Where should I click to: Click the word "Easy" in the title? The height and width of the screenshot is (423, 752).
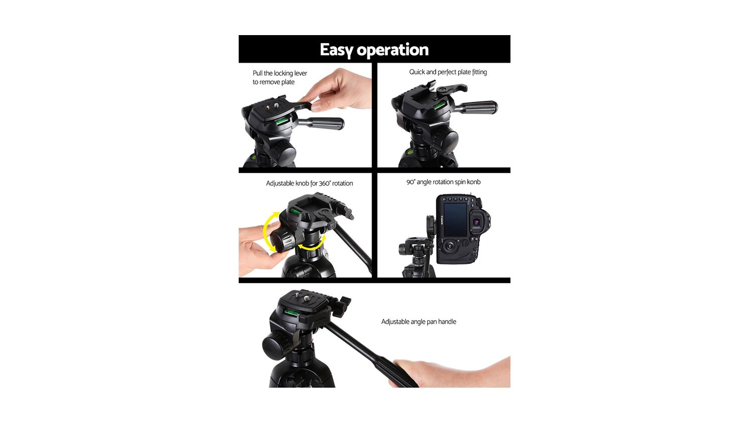point(336,50)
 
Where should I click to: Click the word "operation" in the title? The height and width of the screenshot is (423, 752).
point(393,50)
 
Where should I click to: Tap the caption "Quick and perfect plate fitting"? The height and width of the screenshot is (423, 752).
point(448,72)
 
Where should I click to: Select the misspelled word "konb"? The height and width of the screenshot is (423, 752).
point(473,182)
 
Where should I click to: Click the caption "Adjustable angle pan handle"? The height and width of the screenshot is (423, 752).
point(419,322)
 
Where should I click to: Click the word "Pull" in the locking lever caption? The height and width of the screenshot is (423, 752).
point(258,73)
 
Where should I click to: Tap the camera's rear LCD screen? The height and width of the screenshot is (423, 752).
point(456,220)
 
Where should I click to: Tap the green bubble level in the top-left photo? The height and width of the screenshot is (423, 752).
point(282,121)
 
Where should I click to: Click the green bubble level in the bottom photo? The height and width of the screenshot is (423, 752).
point(291,313)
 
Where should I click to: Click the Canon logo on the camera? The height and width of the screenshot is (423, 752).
point(442,221)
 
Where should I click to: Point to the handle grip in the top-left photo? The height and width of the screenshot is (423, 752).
point(322,124)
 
